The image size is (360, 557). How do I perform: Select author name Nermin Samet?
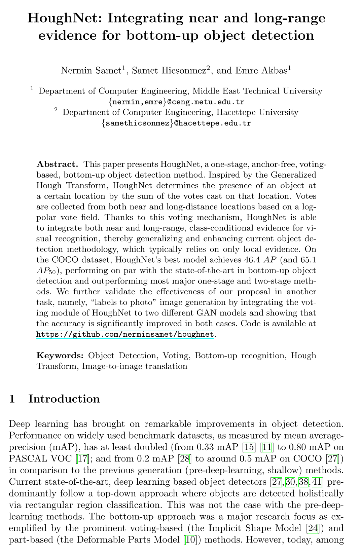tap(91, 70)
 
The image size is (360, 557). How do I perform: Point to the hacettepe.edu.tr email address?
tap(176, 123)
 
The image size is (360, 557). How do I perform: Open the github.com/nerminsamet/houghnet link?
tap(125, 334)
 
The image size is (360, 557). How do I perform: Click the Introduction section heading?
tap(64, 399)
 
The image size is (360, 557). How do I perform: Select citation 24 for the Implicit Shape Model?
tap(313, 528)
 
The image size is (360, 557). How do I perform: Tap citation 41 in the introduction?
tap(317, 482)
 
